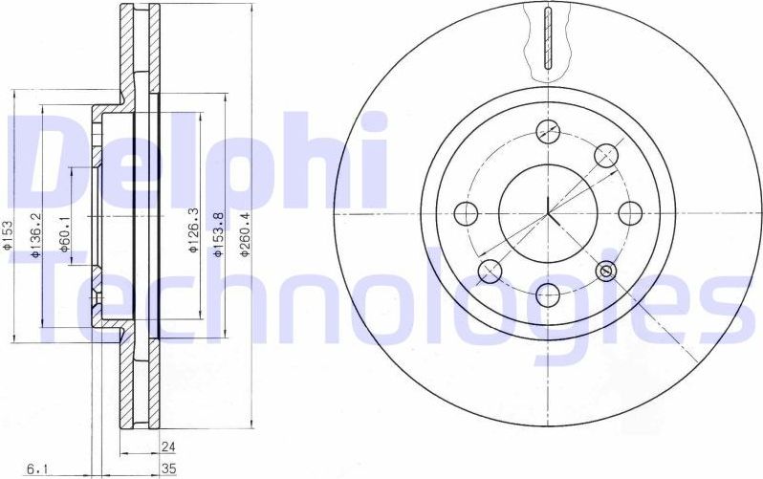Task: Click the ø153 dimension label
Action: [x=9, y=234]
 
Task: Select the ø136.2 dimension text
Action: [x=34, y=237]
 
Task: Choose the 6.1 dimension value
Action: [x=37, y=469]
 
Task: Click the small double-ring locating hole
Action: [x=604, y=272]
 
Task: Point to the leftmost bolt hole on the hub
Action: [x=466, y=212]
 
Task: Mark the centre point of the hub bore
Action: [x=547, y=211]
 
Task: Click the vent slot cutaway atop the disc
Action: [x=547, y=38]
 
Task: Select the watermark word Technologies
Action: [x=382, y=301]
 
